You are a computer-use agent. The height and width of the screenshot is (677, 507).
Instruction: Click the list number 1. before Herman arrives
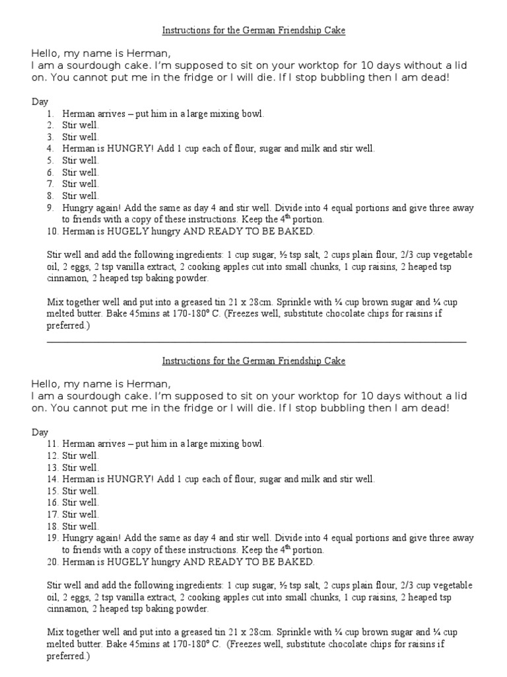pos(50,114)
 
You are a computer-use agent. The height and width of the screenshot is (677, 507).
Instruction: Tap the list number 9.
pos(50,208)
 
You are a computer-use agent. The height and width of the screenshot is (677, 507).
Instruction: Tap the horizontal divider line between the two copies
pos(257,342)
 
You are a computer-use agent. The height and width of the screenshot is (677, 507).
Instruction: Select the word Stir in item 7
pos(70,184)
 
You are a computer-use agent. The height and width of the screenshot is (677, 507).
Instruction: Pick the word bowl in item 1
pos(253,114)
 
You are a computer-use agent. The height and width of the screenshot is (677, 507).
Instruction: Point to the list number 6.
pos(50,173)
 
